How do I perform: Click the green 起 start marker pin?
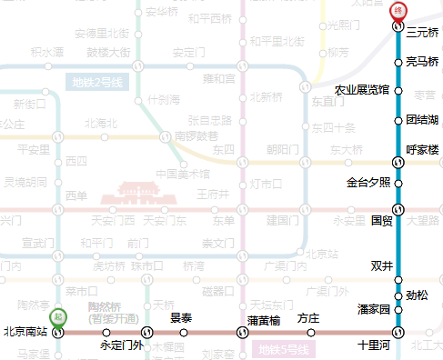pos(58,317)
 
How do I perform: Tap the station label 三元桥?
pos(423,33)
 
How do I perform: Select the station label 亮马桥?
pos(422,62)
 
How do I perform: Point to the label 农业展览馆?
pos(362,90)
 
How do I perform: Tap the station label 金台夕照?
pos(368,182)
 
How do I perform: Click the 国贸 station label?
pos(381,220)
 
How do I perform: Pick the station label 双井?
pos(381,266)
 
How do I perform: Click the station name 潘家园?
pos(373,310)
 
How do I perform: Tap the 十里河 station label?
pos(373,345)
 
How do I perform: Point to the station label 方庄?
pos(308,318)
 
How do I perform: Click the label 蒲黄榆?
pos(263,319)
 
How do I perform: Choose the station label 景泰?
pos(181,318)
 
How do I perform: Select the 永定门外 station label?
pos(122,345)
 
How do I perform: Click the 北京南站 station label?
pos(25,332)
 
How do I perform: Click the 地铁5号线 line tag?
pos(284,350)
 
